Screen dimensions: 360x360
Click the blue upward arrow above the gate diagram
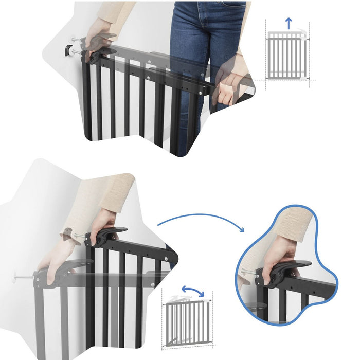pyautogui.click(x=289, y=23)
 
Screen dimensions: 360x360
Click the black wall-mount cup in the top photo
pyautogui.click(x=68, y=50)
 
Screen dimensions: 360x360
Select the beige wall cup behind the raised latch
pyautogui.click(x=67, y=234)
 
